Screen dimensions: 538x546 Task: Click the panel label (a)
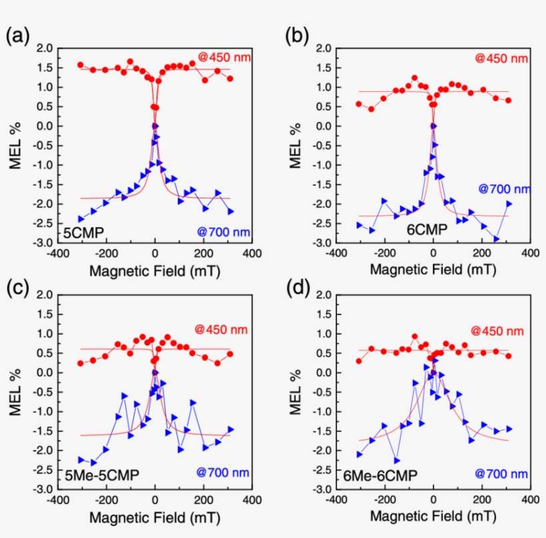tap(18, 36)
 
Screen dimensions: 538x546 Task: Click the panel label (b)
tap(296, 36)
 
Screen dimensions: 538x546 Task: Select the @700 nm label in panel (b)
tap(503, 188)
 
